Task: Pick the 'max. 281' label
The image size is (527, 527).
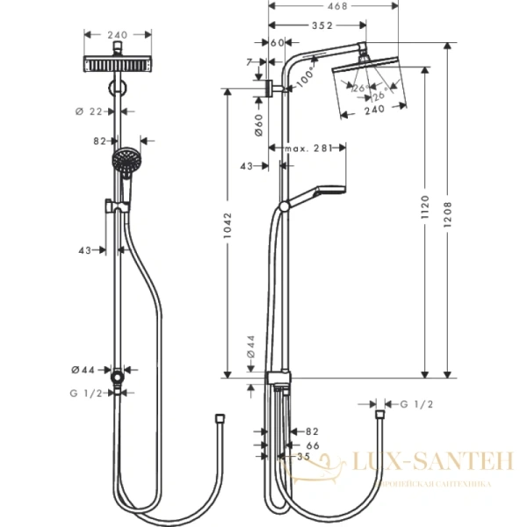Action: [x=307, y=149]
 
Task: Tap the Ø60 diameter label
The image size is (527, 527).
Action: [x=259, y=123]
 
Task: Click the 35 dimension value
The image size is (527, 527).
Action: [x=304, y=457]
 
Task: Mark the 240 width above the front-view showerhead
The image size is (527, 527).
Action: [x=118, y=35]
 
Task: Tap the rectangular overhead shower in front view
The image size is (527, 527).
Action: [x=118, y=66]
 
